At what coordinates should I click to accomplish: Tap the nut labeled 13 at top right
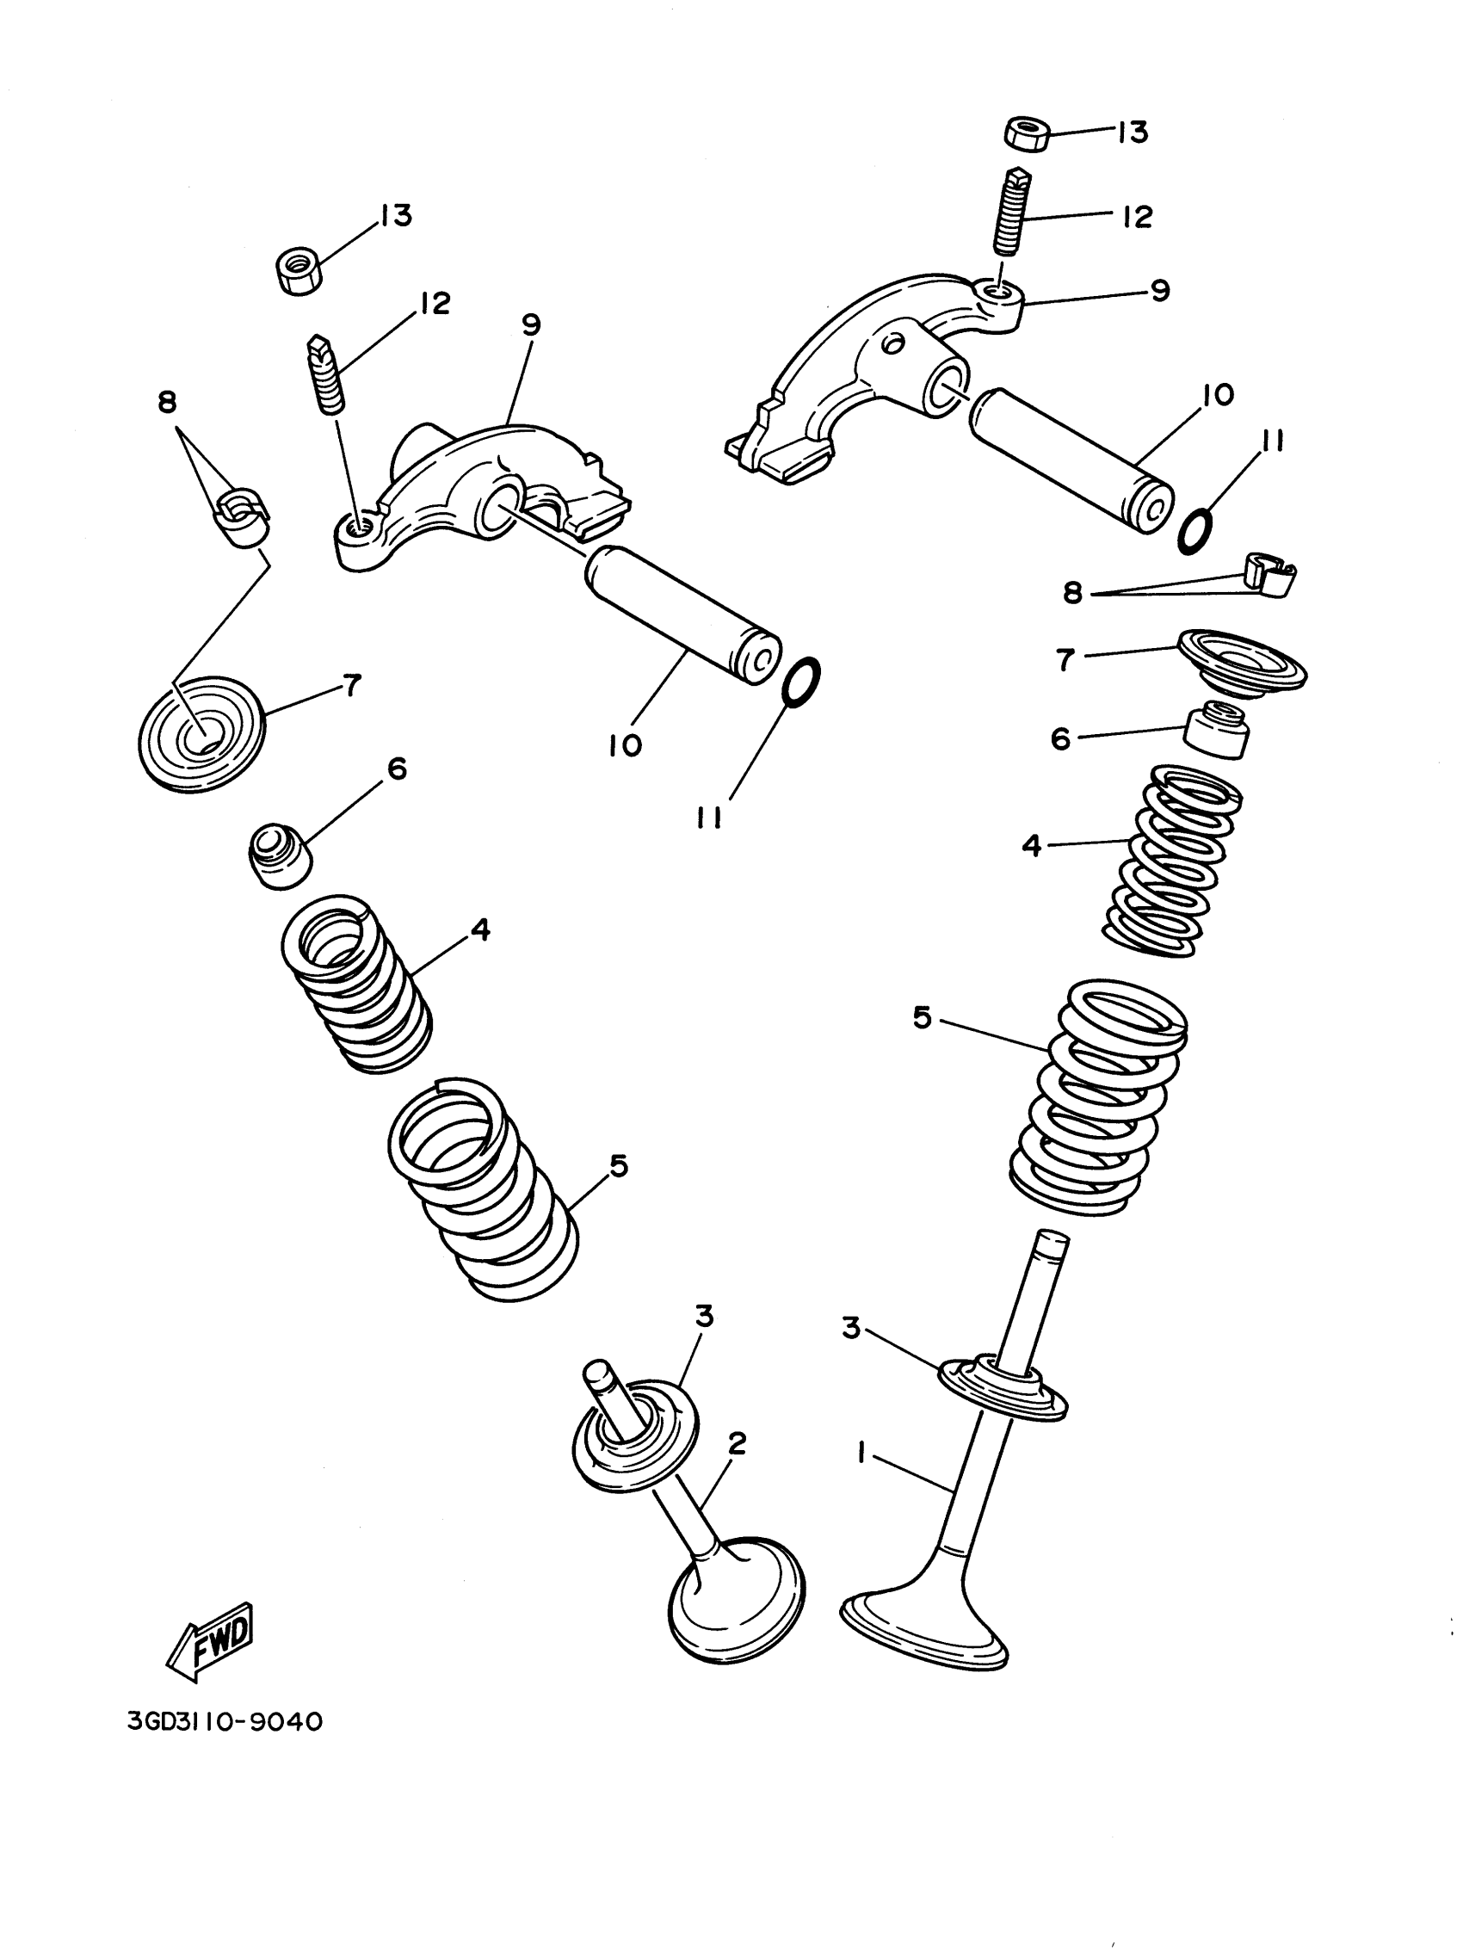[1027, 133]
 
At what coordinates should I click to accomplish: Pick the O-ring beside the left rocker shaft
[801, 682]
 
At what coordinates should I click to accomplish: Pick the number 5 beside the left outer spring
[618, 1166]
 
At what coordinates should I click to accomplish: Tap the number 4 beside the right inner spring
[1030, 845]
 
